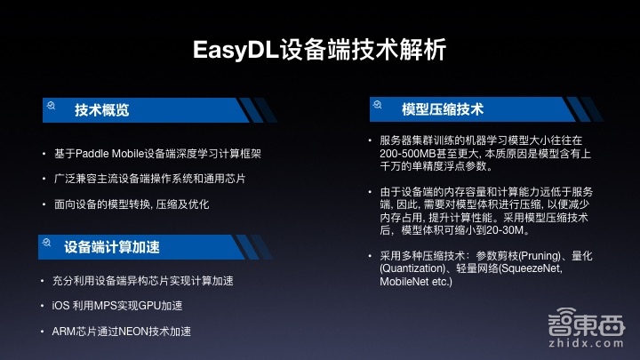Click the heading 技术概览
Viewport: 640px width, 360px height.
click(101, 109)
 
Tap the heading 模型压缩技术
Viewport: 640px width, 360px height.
click(442, 109)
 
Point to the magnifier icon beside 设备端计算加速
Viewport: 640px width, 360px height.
click(44, 242)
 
